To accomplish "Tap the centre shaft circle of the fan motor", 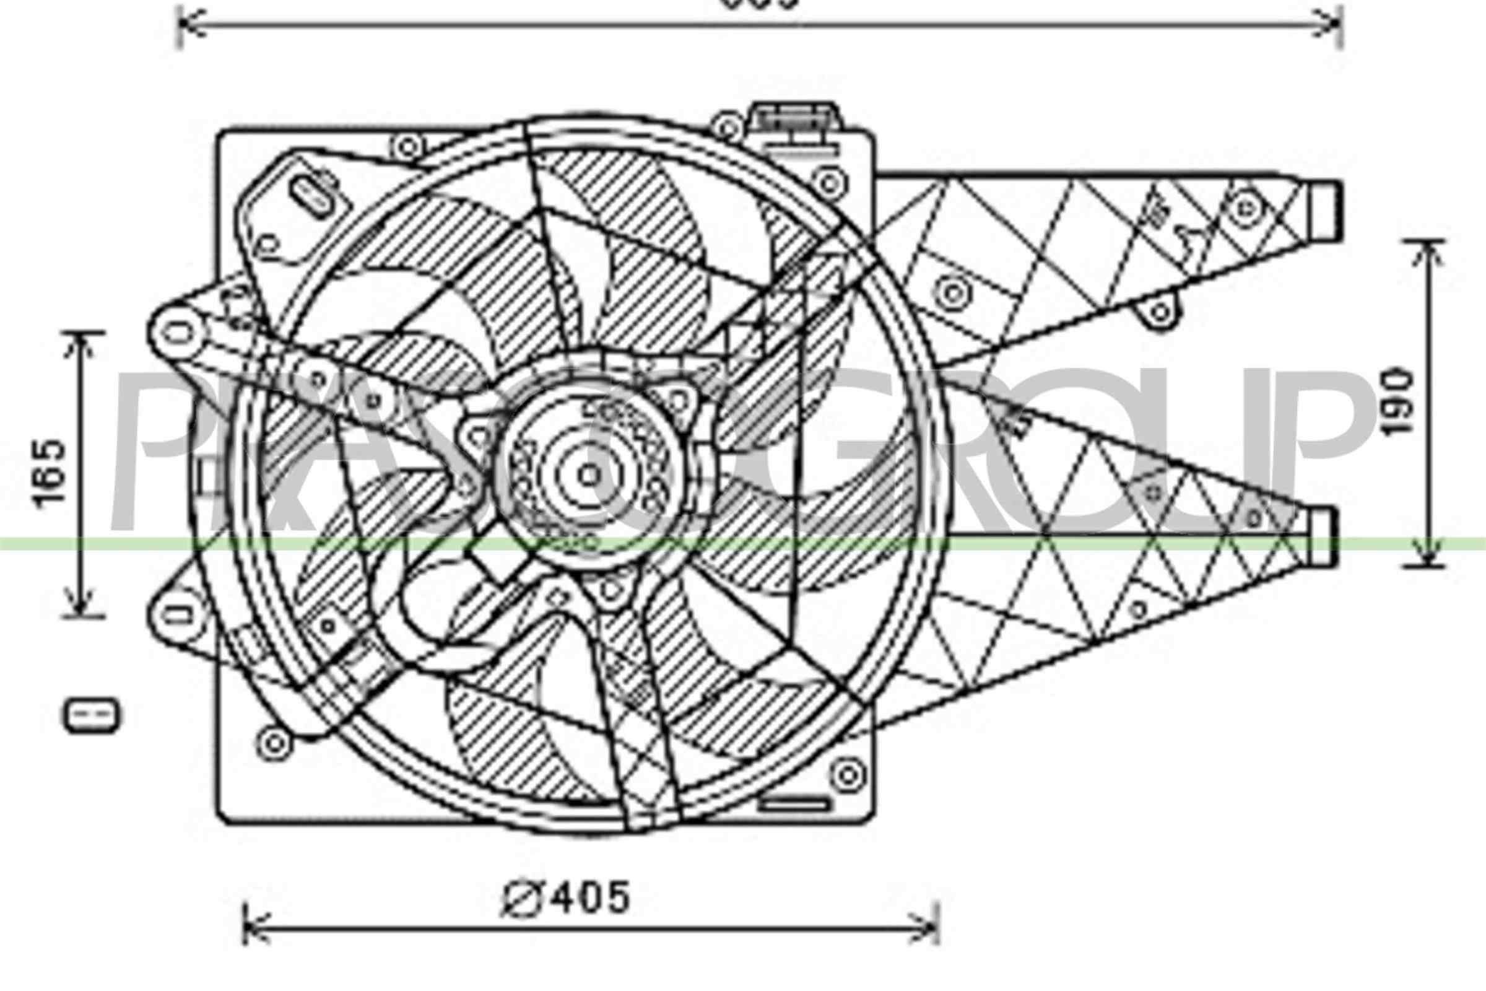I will tap(589, 475).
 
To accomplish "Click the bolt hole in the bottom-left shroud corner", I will tap(274, 743).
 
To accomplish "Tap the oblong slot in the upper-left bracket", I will tap(314, 196).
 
